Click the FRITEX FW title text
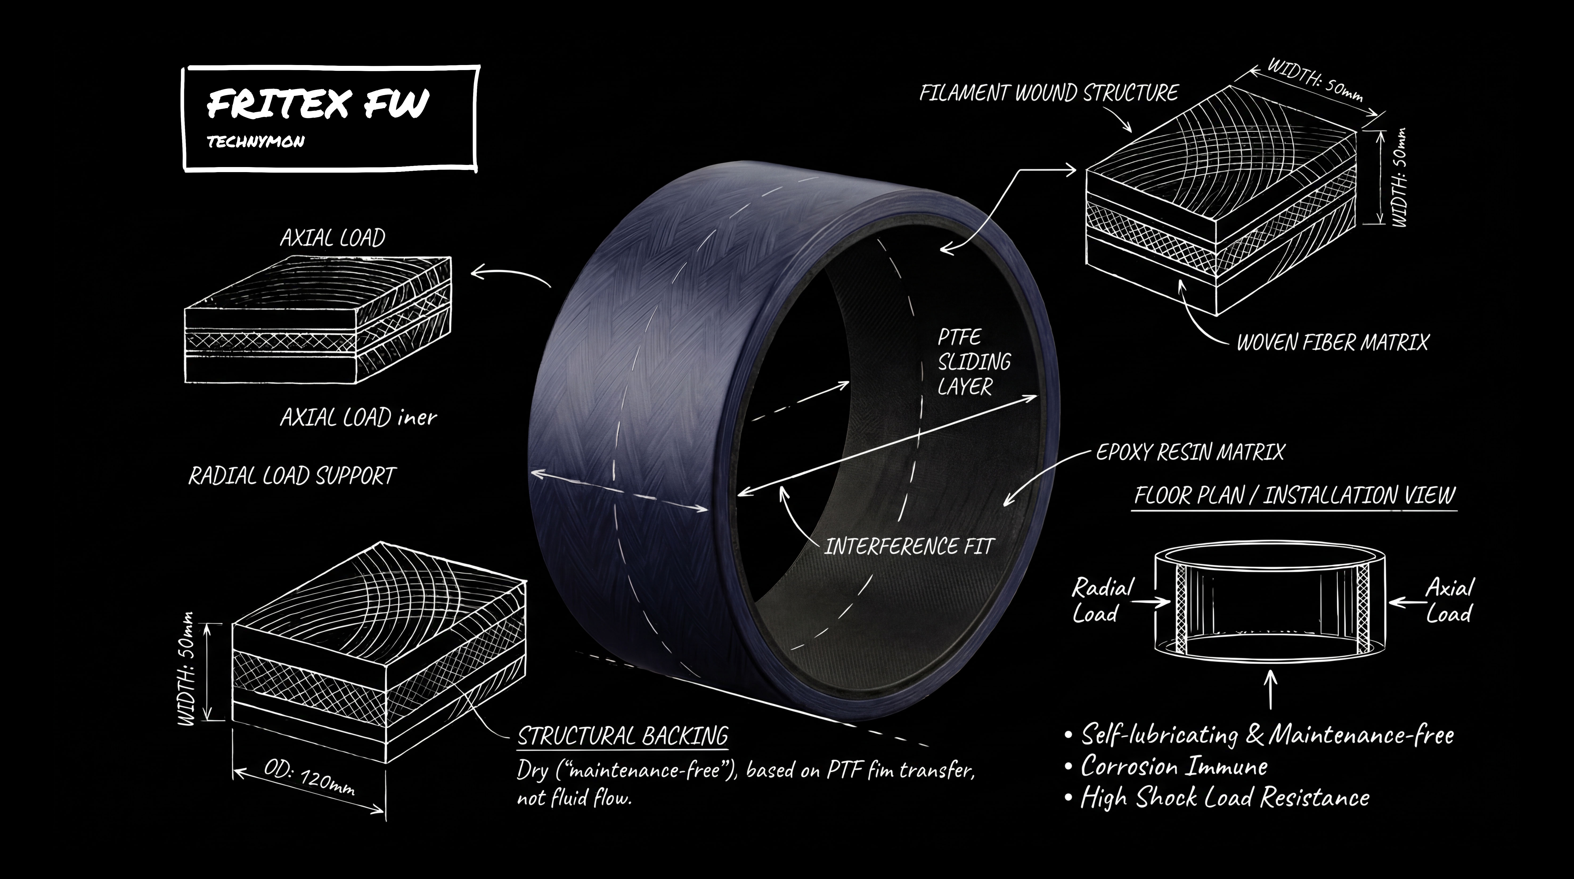click(x=318, y=104)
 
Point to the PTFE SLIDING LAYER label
click(x=973, y=362)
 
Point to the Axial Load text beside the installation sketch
click(x=1449, y=601)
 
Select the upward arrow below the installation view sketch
click(x=1271, y=690)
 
